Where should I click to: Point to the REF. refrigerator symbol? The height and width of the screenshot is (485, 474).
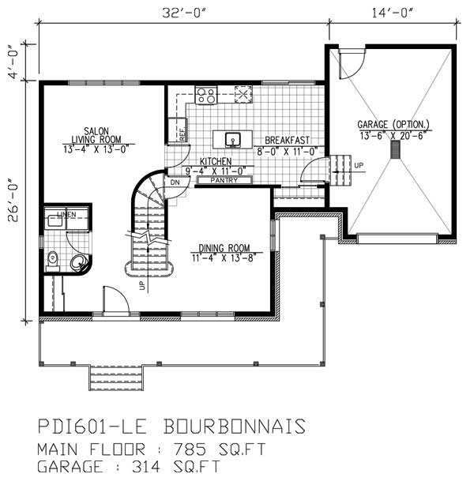point(179,130)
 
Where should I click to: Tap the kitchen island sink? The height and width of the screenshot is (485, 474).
point(234,139)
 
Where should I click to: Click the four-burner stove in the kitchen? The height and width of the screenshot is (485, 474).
point(205,96)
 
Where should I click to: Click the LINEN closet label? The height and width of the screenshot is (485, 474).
point(66,215)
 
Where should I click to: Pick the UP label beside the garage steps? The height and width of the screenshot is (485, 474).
point(359,165)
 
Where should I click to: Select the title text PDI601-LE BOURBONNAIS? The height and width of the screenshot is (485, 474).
point(171,427)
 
